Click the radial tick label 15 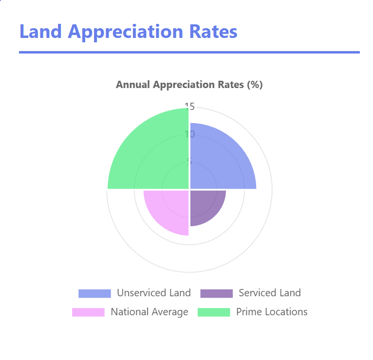189,106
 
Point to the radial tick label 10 189,134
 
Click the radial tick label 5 189,161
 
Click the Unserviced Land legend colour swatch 94,293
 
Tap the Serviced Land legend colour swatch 216,293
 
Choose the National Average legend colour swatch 88,312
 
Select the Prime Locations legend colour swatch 213,312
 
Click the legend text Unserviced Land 153,293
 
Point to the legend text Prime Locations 272,312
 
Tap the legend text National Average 149,312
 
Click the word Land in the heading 40,32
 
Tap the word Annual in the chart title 133,85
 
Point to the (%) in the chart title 255,85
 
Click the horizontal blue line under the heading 189,52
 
